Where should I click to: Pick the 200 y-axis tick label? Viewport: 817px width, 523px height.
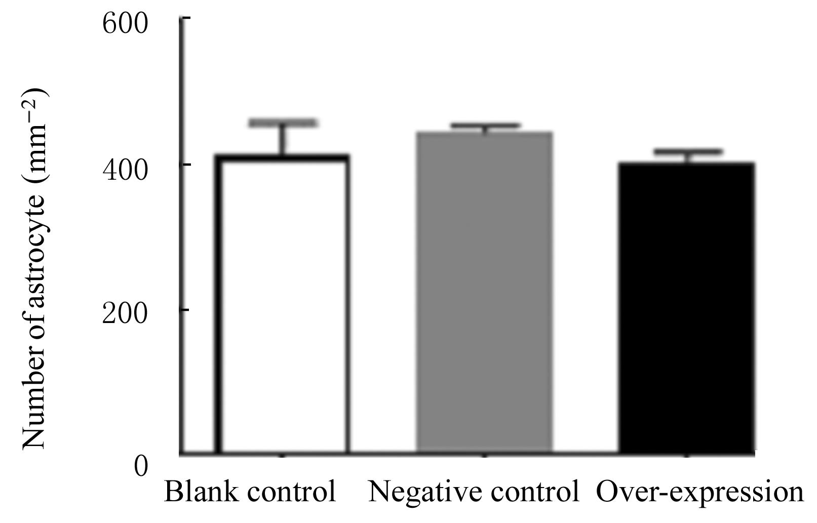click(x=125, y=314)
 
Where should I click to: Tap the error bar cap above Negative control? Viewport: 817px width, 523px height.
click(x=485, y=125)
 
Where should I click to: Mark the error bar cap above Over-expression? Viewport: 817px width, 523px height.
click(x=687, y=151)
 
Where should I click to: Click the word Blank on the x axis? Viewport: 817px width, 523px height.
click(x=198, y=492)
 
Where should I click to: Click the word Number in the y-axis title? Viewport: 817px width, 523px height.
click(x=33, y=410)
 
